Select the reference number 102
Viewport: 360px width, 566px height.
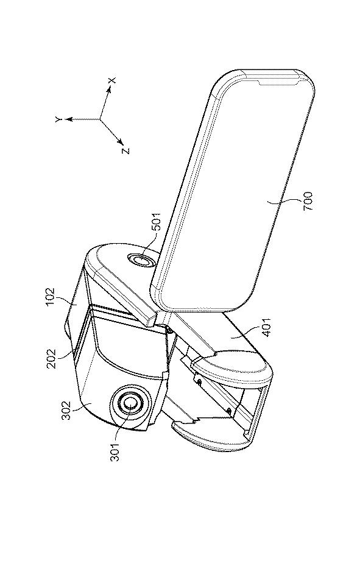50,297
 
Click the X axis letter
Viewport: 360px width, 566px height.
112,81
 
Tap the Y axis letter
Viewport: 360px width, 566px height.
59,119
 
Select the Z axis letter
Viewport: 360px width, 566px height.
125,150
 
